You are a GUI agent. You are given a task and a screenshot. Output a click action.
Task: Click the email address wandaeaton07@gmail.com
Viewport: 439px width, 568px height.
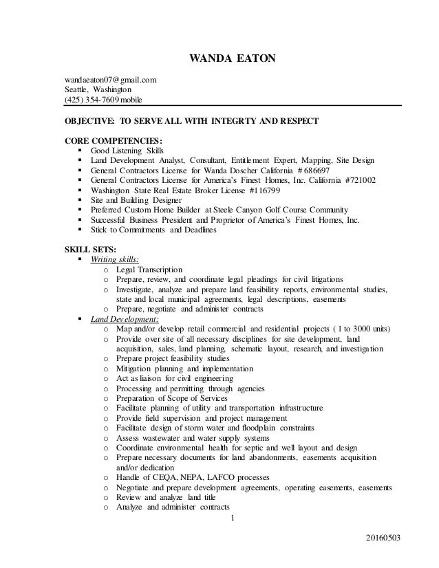tap(110, 80)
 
